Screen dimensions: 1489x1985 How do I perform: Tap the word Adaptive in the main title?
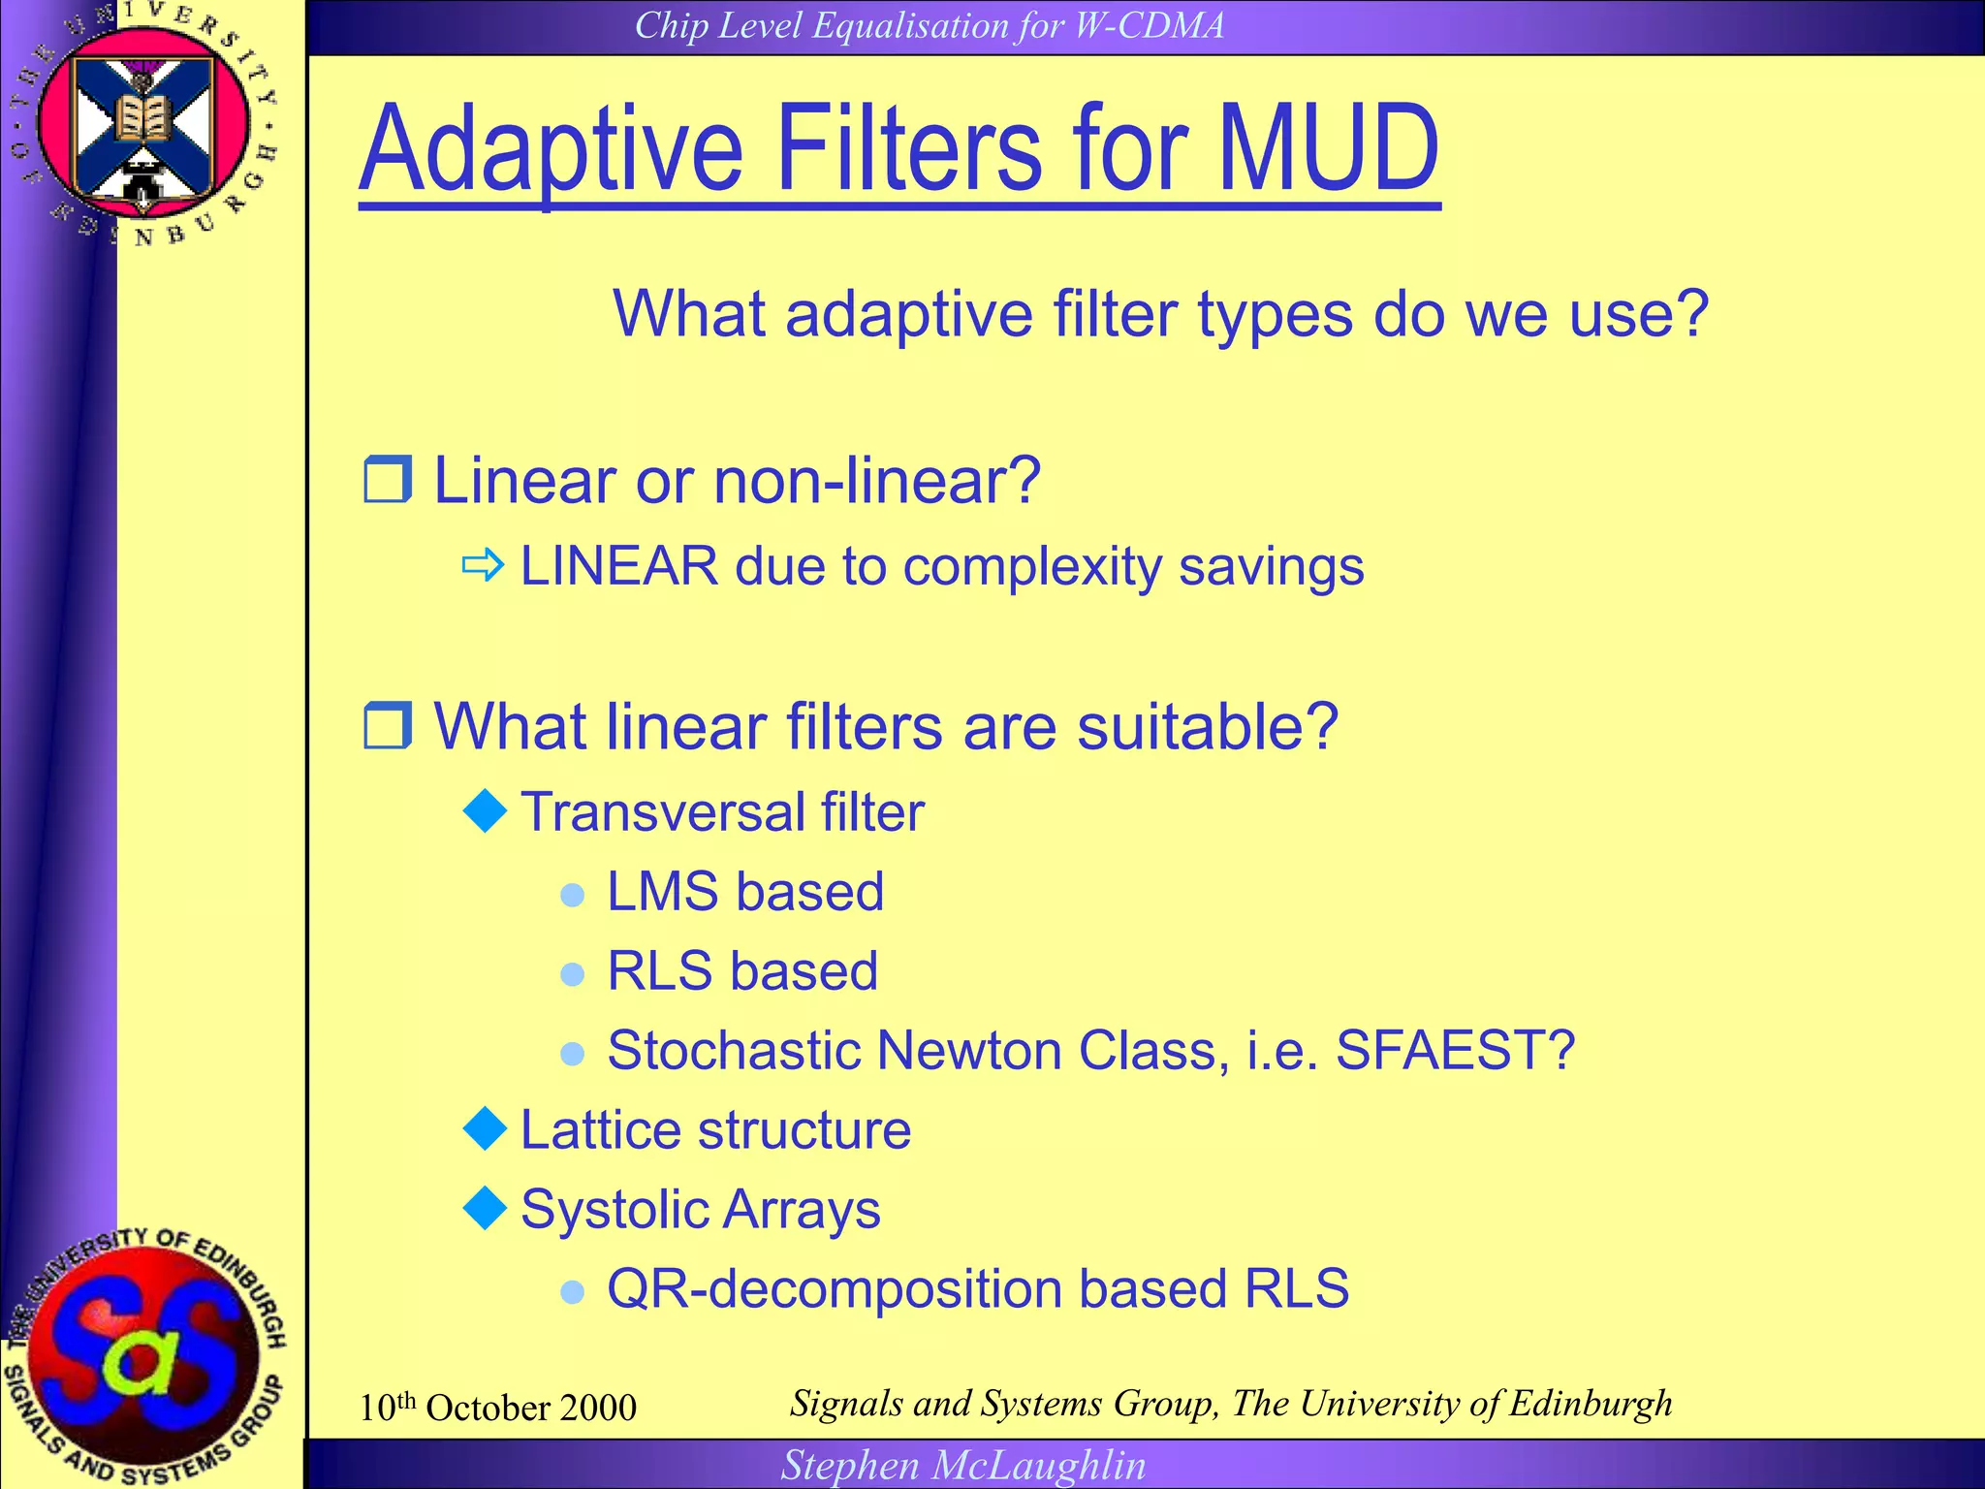click(551, 150)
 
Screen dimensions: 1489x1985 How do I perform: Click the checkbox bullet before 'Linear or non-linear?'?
click(388, 480)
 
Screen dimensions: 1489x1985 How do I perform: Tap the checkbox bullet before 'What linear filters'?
click(388, 726)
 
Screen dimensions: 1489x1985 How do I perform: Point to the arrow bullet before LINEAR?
click(483, 565)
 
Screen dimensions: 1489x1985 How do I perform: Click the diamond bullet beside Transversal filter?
click(486, 810)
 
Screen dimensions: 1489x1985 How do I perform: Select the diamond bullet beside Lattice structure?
click(486, 1128)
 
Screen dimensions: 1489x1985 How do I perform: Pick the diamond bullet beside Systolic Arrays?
click(486, 1208)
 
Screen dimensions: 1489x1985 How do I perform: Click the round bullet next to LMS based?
click(573, 894)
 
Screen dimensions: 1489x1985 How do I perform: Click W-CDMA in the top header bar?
click(1150, 25)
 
